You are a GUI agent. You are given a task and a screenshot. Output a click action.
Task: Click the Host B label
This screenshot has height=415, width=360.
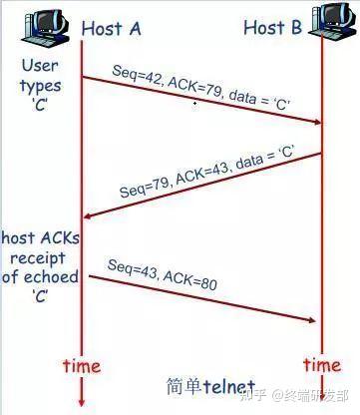[x=271, y=27]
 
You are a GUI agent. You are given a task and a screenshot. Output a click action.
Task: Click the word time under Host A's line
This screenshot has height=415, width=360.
[x=82, y=366]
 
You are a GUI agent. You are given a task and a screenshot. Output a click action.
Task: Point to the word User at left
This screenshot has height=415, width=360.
[x=40, y=66]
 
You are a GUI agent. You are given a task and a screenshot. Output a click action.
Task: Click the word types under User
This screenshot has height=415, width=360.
[x=40, y=86]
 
